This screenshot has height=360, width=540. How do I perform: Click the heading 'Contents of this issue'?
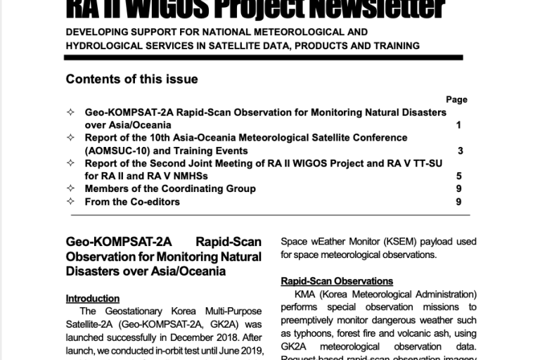point(131,79)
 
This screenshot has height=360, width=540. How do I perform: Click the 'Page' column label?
point(456,100)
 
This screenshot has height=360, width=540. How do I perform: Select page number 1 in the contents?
point(458,125)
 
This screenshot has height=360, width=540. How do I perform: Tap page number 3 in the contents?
point(460,150)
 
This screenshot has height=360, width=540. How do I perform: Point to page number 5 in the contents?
point(458,176)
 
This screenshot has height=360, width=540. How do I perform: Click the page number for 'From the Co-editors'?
point(458,202)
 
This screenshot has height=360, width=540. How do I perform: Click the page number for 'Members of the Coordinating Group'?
point(458,188)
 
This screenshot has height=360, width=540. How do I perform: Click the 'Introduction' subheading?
point(92,298)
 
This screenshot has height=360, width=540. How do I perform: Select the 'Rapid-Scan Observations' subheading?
point(337,281)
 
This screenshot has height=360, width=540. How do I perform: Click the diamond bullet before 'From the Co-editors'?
point(70,202)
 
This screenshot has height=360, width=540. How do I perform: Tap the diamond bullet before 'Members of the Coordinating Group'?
point(70,188)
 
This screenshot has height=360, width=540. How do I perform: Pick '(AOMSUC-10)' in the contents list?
point(115,150)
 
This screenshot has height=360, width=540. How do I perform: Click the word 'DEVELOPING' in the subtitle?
point(98,32)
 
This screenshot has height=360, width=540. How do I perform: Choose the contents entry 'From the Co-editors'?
point(132,202)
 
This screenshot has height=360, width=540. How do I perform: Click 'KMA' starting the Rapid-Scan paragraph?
point(304,294)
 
